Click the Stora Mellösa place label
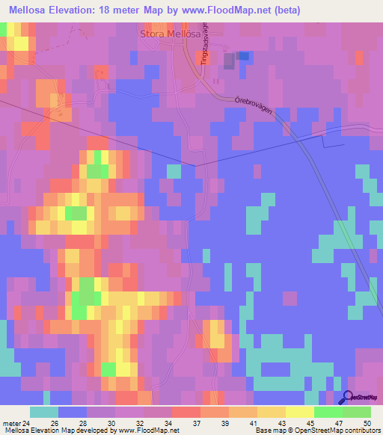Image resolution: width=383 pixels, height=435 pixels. click(x=168, y=34)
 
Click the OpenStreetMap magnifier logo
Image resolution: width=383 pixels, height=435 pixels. click(x=348, y=399)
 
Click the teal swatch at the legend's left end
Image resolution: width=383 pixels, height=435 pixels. click(x=44, y=412)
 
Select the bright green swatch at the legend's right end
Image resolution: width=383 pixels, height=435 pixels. click(x=357, y=412)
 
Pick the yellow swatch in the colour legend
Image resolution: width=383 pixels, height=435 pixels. click(x=300, y=412)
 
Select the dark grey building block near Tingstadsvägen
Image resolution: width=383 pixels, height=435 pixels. click(x=243, y=56)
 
